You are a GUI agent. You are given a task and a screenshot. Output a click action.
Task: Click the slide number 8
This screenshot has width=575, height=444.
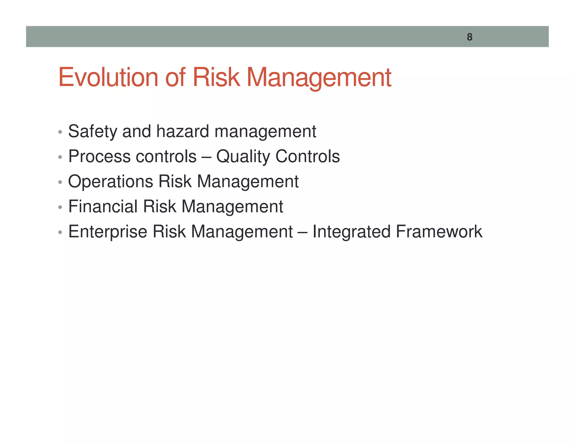(469, 37)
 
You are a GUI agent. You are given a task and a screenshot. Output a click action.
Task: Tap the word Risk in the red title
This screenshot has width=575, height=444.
(216, 77)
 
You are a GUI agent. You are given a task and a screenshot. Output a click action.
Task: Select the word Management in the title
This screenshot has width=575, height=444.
(319, 77)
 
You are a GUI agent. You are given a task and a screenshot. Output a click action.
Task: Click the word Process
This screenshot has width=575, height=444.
(99, 156)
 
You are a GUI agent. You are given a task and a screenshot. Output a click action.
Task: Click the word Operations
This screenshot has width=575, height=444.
(110, 182)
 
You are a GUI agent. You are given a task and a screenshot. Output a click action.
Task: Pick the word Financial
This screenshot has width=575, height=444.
(103, 207)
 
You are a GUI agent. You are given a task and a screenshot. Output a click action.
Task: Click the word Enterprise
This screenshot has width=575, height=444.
(108, 232)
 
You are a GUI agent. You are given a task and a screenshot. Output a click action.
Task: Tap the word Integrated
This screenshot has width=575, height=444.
(351, 232)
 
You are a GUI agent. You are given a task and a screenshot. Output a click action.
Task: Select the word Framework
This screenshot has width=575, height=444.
(439, 232)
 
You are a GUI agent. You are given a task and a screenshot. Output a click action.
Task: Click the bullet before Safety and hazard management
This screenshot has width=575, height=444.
(60, 132)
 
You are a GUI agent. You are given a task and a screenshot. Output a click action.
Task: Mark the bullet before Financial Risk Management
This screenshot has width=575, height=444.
(60, 207)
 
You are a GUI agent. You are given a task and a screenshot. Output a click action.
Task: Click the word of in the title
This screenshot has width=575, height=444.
(175, 77)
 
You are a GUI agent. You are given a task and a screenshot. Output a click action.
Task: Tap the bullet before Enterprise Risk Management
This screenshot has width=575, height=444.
(60, 232)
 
